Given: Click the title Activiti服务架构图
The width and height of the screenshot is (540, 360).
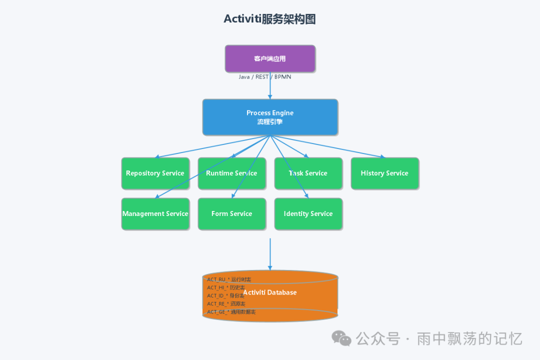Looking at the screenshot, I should pyautogui.click(x=269, y=19).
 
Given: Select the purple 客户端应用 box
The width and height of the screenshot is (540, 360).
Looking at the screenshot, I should pyautogui.click(x=270, y=58).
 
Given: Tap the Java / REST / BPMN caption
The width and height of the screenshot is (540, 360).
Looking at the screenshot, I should pyautogui.click(x=264, y=77).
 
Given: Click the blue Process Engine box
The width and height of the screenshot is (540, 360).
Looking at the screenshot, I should pyautogui.click(x=270, y=117).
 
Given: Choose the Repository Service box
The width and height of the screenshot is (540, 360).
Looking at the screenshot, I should pyautogui.click(x=155, y=173).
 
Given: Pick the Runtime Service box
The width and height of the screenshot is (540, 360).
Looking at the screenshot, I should pyautogui.click(x=231, y=173).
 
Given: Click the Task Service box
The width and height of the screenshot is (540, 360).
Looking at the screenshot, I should pyautogui.click(x=308, y=173).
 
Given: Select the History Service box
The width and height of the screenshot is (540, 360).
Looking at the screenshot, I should pyautogui.click(x=384, y=173).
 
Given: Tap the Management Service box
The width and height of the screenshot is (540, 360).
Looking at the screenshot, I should pyautogui.click(x=155, y=214).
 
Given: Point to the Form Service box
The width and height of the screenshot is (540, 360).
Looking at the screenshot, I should pyautogui.click(x=231, y=214).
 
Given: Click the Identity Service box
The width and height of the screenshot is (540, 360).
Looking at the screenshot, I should pyautogui.click(x=308, y=214).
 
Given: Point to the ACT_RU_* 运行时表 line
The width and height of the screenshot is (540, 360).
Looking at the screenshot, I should pyautogui.click(x=229, y=279).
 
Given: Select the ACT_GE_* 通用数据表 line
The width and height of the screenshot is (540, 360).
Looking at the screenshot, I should pyautogui.click(x=231, y=312).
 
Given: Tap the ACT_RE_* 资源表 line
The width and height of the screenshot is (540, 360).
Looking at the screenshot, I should pyautogui.click(x=226, y=304).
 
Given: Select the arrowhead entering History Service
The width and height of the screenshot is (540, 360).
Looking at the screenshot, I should pyautogui.click(x=383, y=157).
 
